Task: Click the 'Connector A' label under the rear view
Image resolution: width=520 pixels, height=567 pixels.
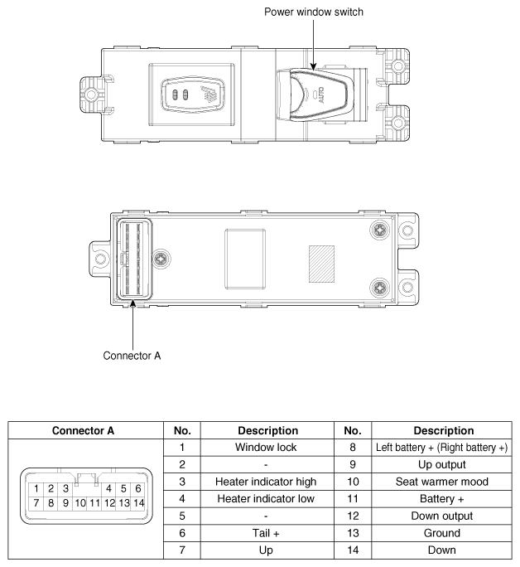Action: [132, 356]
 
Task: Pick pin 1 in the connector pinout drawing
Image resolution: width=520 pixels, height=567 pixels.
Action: [38, 487]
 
